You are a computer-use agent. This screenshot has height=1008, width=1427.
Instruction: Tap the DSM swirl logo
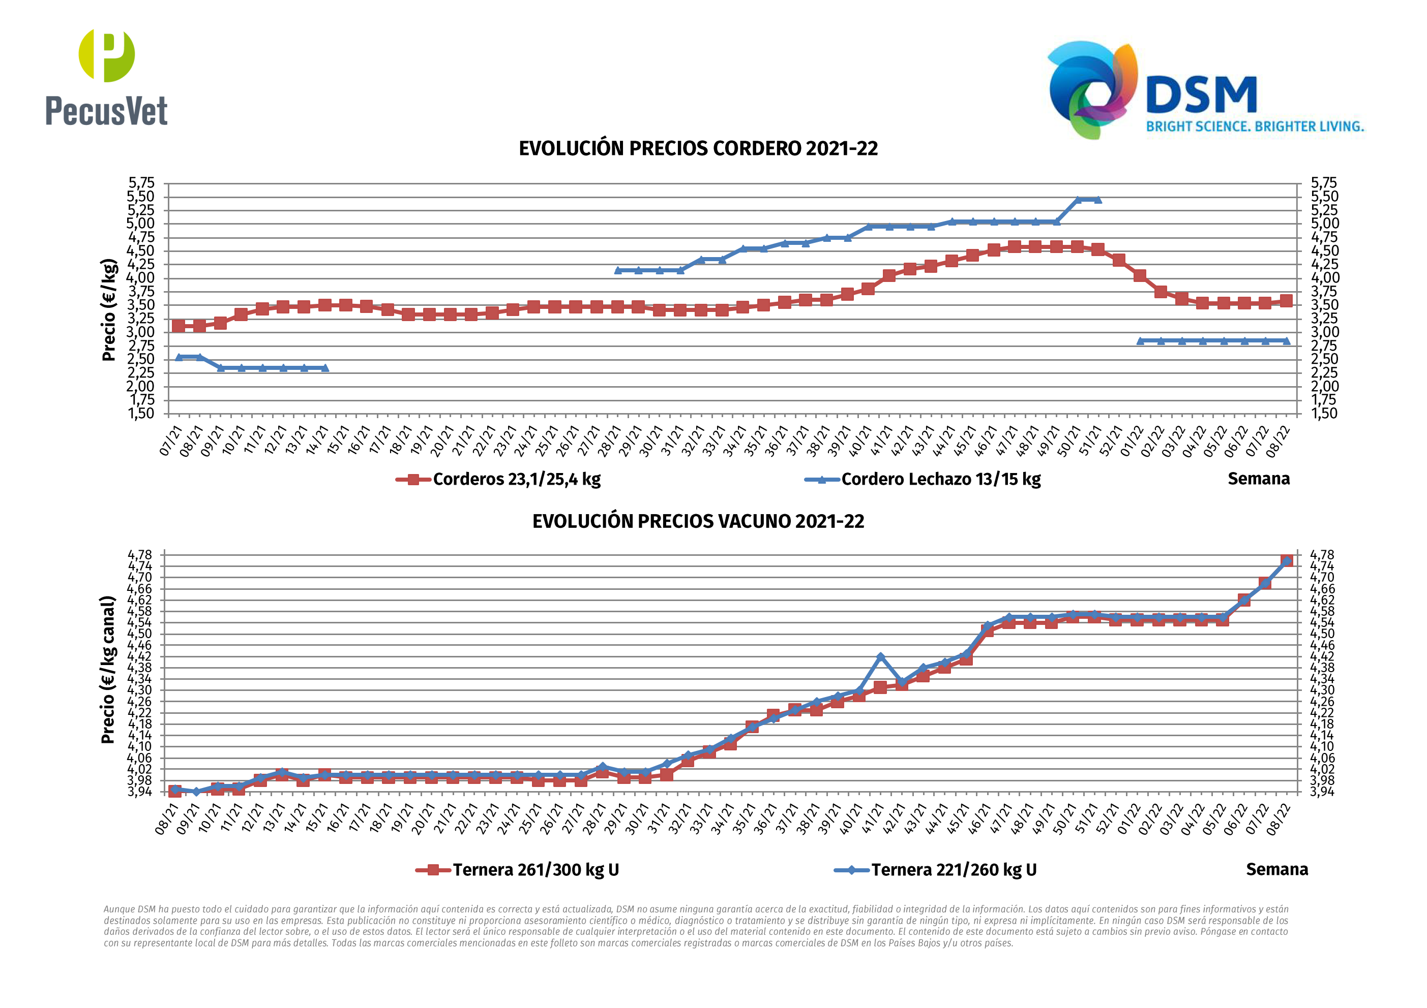coord(1092,89)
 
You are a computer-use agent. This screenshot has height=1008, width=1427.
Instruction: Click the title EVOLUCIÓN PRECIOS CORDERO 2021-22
coord(698,148)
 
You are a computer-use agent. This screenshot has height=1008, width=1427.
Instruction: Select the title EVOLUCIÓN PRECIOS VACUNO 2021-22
coord(698,521)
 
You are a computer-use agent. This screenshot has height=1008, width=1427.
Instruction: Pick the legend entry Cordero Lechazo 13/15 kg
coord(940,480)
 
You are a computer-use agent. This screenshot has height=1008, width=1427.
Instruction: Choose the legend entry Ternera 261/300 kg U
coord(535,869)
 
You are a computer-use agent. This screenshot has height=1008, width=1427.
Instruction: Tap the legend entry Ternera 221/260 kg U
coord(954,869)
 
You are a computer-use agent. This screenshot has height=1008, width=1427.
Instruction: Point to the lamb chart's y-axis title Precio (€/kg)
coord(109,309)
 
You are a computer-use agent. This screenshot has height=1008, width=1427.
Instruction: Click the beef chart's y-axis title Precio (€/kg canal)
coord(108,670)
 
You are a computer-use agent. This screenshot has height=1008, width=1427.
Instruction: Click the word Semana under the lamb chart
coord(1259,479)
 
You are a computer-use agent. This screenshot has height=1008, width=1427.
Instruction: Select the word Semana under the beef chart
coord(1276,869)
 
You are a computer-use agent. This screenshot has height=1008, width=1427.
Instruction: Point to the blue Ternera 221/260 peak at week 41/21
coord(880,657)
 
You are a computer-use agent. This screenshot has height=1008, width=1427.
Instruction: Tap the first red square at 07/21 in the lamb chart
coord(179,326)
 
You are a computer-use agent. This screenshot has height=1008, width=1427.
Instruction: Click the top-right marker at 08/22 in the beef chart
coord(1287,561)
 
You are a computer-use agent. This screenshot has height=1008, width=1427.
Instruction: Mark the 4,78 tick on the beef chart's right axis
coord(1321,555)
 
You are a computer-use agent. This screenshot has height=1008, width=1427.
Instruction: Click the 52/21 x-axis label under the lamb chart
coord(1112,440)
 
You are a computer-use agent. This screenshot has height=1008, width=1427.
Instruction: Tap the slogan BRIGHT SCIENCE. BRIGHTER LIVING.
coord(1255,127)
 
